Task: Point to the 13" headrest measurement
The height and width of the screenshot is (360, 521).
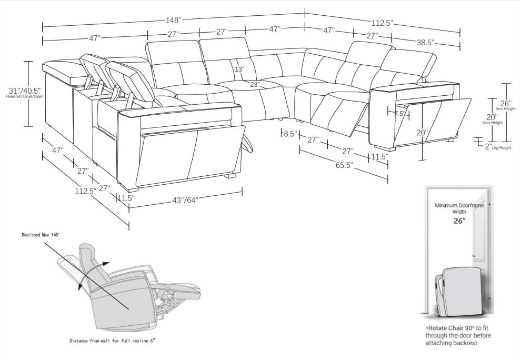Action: (240, 69)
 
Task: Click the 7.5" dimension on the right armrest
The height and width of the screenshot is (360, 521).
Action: (400, 113)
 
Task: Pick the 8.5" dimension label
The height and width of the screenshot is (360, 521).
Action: (289, 134)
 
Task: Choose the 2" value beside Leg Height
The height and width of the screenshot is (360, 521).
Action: (488, 147)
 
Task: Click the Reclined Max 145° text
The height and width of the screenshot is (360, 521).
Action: (41, 234)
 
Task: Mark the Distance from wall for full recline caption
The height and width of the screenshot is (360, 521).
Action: (112, 341)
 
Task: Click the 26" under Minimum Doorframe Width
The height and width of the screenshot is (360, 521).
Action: (459, 221)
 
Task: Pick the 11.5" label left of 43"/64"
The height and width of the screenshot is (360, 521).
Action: (126, 198)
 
